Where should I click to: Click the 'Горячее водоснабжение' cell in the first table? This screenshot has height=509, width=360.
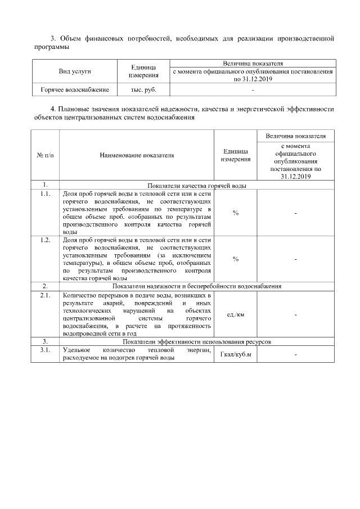coord(74,89)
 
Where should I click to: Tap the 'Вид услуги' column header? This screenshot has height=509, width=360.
coord(74,71)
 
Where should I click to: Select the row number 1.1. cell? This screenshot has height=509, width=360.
coord(45,193)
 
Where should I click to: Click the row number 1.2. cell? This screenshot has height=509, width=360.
coord(45,240)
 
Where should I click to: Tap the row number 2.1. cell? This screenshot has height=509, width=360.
coord(45,295)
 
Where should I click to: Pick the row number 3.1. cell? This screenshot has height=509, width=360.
coord(45,350)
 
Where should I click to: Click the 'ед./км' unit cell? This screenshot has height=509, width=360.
coord(236,314)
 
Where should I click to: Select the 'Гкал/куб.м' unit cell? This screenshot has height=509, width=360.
coord(236,354)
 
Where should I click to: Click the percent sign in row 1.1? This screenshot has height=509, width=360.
coord(236,213)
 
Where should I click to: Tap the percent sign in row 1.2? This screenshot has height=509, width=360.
coord(236,259)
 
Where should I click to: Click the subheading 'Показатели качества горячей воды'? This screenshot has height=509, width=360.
coord(197,185)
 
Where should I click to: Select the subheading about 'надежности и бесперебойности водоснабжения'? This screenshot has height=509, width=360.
coord(197,286)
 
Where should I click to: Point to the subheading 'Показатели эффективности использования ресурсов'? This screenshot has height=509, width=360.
coord(197,341)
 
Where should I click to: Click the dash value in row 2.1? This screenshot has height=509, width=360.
coord(295,314)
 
